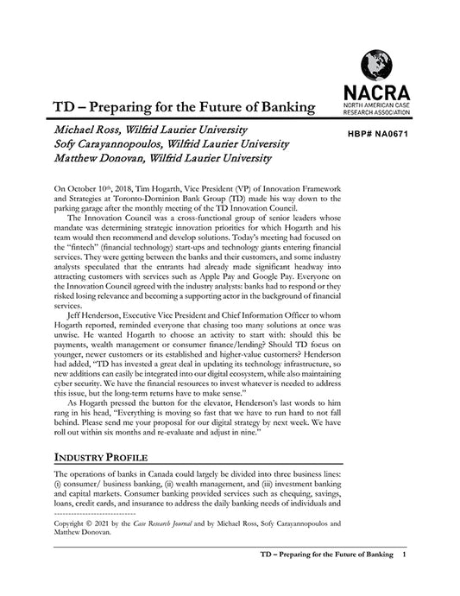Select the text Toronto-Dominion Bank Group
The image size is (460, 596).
click(140, 198)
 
